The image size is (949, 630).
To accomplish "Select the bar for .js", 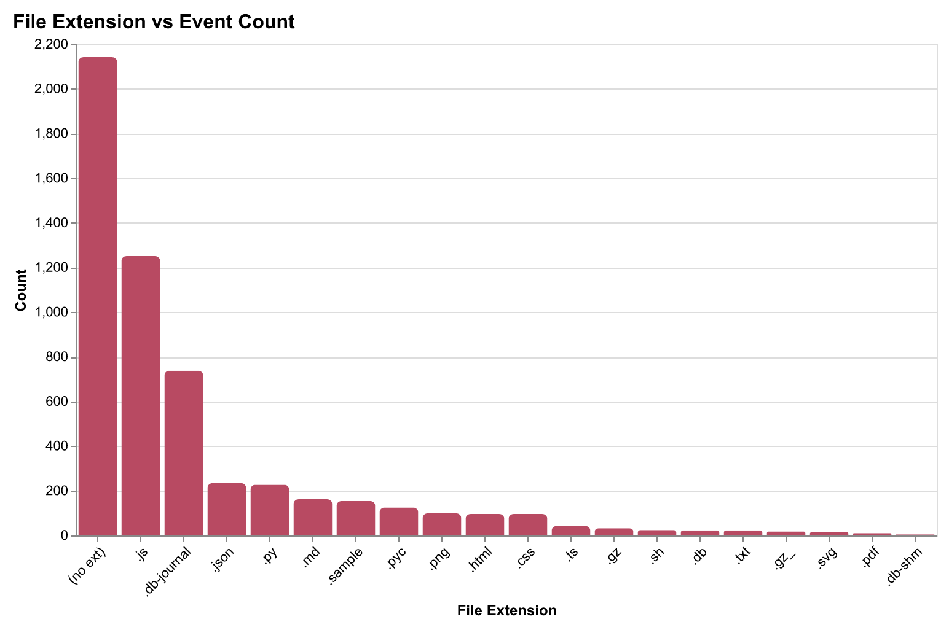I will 141,396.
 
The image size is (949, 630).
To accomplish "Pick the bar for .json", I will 227,510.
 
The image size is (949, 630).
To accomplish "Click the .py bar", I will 270,510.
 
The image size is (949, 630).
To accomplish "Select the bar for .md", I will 313,518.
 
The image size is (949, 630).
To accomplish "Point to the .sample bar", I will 356,519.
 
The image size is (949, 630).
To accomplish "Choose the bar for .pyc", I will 399,522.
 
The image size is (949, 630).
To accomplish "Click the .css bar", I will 528,525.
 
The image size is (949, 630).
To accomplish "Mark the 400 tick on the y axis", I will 57,446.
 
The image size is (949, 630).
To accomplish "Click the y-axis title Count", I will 22,290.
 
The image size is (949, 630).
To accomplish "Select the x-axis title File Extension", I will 507,610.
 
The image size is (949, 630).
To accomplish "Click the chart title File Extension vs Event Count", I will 154,23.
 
